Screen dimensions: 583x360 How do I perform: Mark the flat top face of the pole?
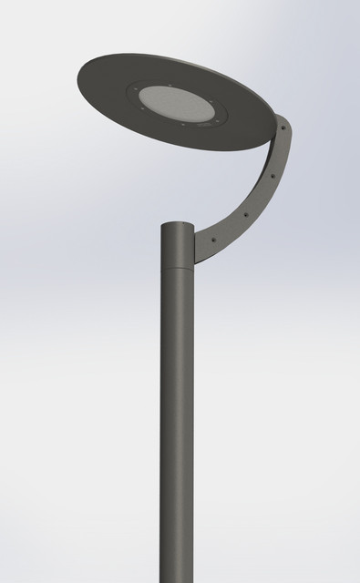tap(178, 224)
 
